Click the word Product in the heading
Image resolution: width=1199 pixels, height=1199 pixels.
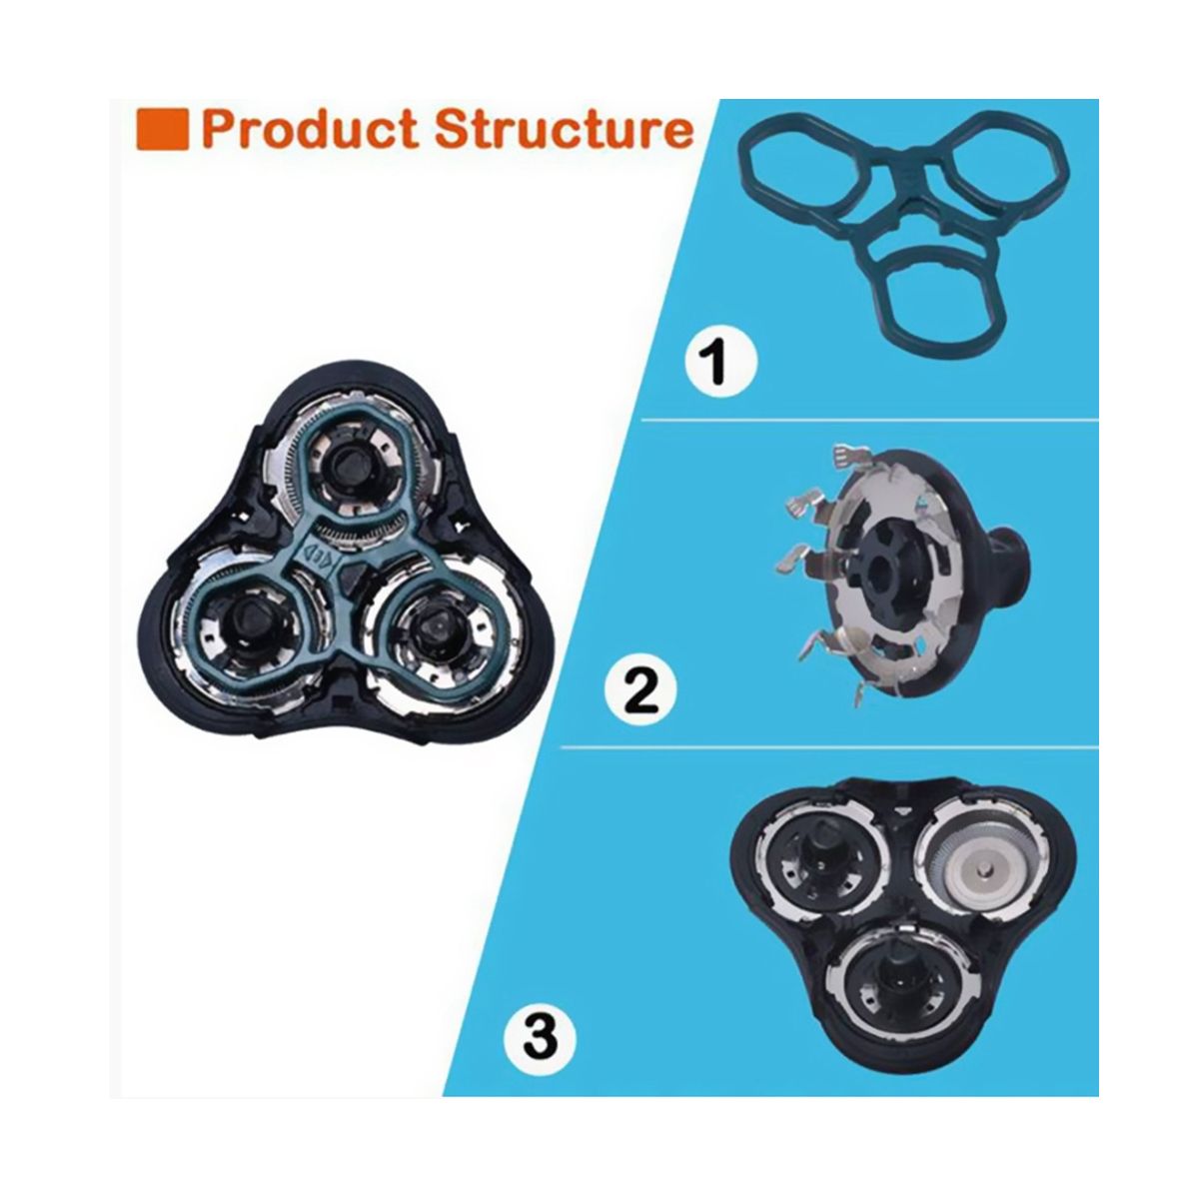[x=309, y=129]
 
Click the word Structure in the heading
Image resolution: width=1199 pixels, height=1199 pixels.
[x=564, y=129]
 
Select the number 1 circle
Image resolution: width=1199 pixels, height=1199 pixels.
[x=721, y=360]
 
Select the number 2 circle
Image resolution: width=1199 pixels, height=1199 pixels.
[x=640, y=688]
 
